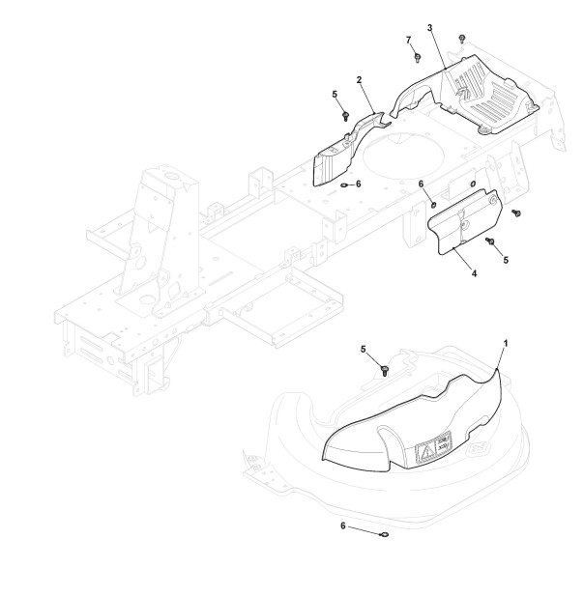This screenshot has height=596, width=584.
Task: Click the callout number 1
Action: [x=505, y=343]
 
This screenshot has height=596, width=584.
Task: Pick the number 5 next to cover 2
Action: [x=335, y=95]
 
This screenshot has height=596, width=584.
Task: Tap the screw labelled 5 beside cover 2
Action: [x=345, y=114]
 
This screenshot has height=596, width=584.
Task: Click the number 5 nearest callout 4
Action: [x=505, y=259]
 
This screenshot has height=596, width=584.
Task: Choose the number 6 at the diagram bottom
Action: [x=342, y=525]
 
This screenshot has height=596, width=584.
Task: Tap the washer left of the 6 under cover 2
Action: [x=345, y=184]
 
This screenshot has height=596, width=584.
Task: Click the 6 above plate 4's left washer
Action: [x=421, y=184]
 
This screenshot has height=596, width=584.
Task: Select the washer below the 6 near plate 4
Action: [x=433, y=203]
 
